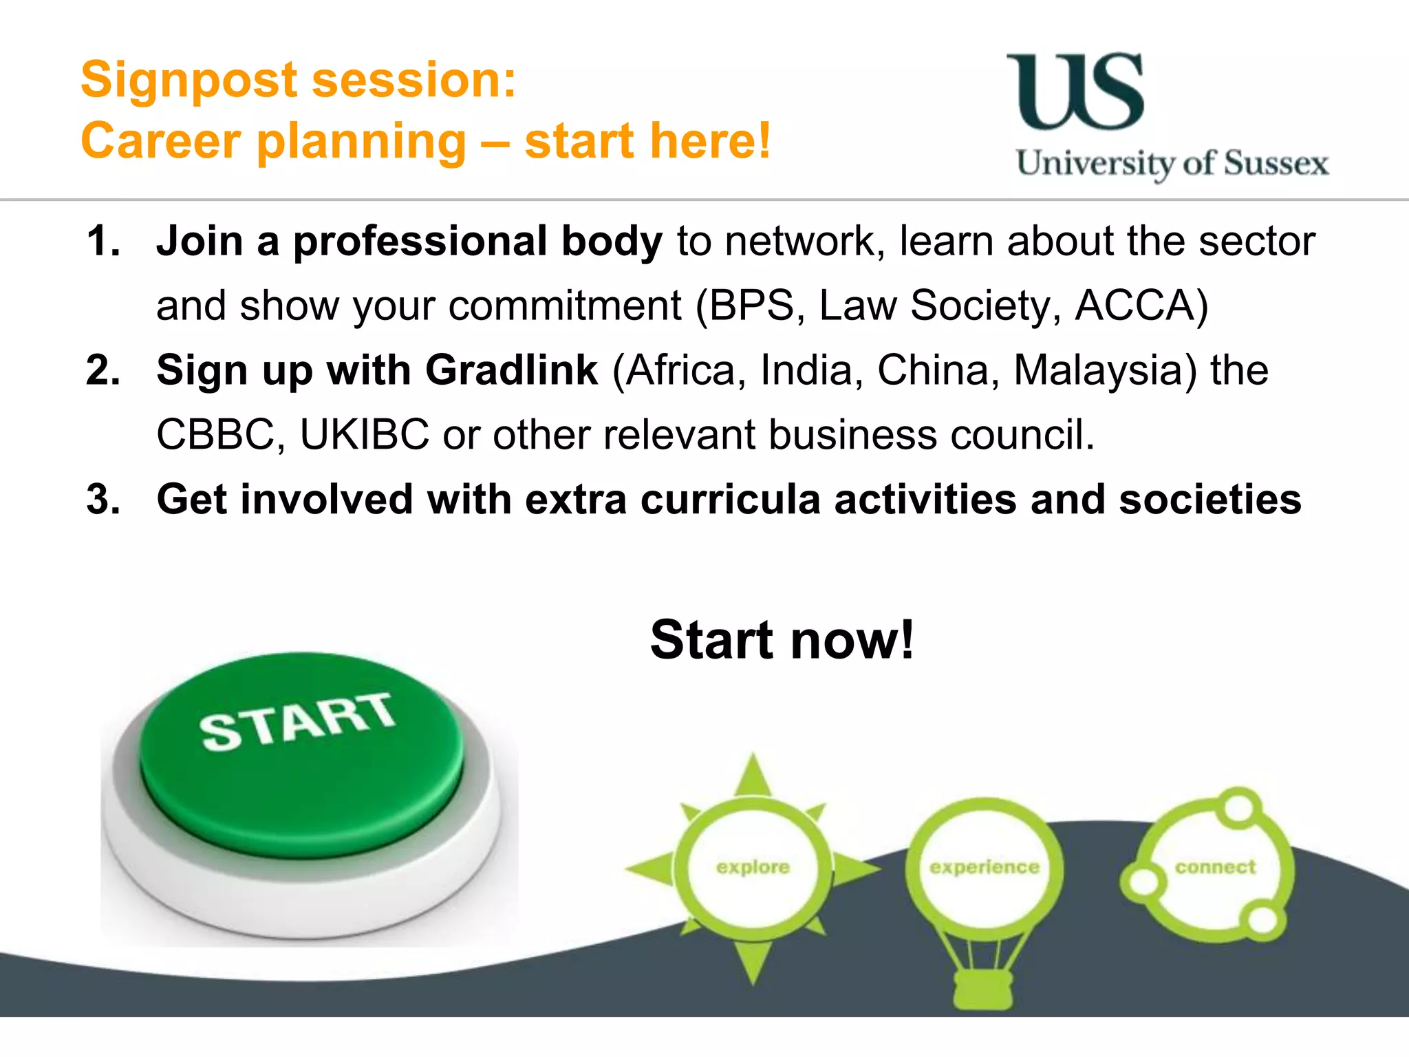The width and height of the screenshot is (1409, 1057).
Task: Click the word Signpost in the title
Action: pos(189,81)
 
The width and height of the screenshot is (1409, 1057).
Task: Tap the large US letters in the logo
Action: pos(1075,92)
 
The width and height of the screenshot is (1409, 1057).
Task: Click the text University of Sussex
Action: pos(1172,164)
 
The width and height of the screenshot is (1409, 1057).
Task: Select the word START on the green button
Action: pos(297,720)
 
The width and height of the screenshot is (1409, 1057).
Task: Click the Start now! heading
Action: pos(782,640)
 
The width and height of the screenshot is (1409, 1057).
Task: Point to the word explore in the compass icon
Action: pos(753,867)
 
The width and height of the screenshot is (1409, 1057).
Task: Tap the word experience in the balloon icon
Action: pos(985,867)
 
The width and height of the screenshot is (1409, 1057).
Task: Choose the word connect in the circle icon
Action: pos(1216,867)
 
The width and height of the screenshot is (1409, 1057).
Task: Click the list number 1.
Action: pos(103,242)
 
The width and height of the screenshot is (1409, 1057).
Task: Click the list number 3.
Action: pos(103,500)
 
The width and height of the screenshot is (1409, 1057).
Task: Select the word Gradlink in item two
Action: pos(512,370)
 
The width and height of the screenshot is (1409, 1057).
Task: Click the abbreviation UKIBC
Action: pos(365,435)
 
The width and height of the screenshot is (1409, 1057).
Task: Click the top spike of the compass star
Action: pos(753,774)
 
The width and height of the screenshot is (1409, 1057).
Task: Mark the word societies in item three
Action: pos(1209,500)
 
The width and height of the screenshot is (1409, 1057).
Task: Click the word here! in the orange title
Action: pos(710,141)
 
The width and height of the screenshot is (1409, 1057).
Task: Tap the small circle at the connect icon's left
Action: pos(1142,882)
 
